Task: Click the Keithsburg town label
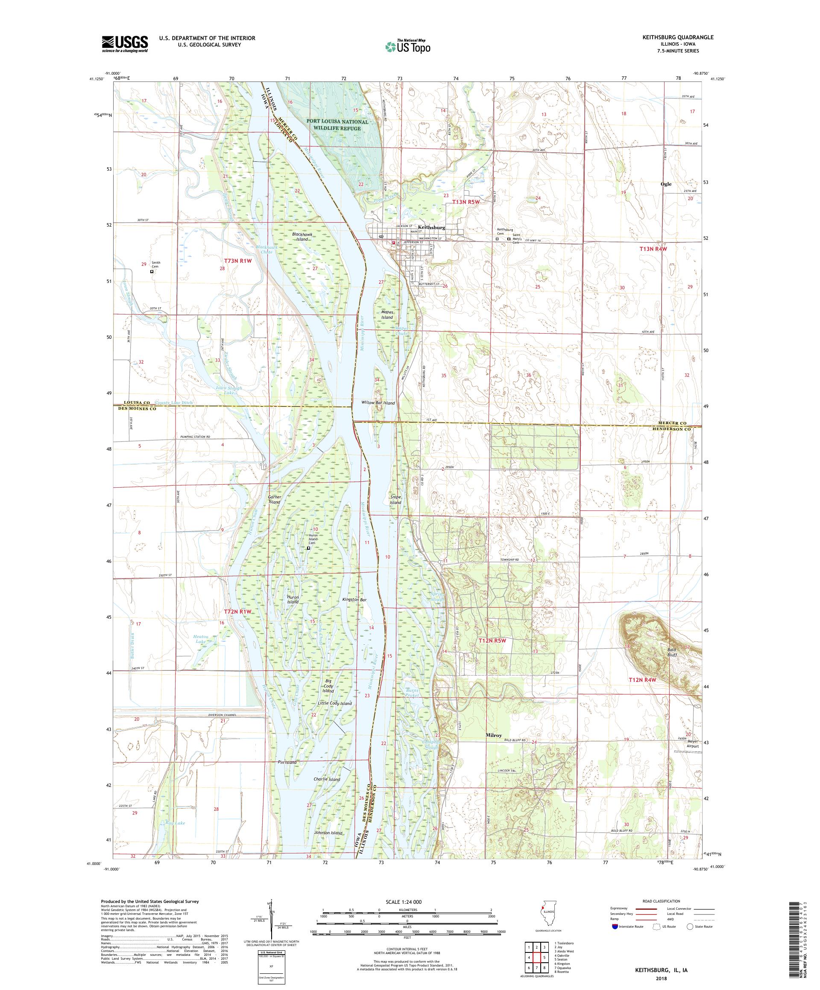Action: (431, 227)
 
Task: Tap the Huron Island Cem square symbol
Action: (308, 548)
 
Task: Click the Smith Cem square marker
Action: (152, 271)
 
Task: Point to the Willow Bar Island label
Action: (378, 403)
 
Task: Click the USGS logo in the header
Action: (125, 44)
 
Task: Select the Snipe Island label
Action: (395, 500)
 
